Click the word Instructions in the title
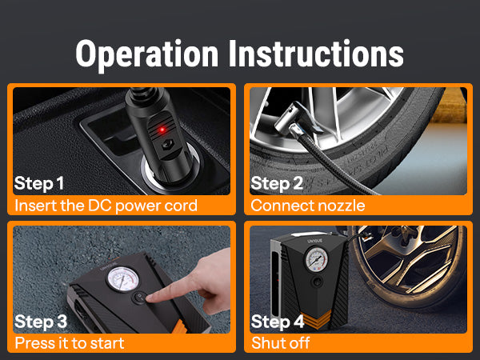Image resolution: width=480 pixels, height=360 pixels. [317, 54]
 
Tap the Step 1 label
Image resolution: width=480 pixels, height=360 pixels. [39, 183]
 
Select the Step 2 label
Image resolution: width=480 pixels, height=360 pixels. [277, 183]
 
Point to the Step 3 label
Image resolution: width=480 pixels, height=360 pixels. [41, 322]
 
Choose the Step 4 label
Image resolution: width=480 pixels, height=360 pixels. [278, 322]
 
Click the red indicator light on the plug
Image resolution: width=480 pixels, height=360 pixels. [162, 130]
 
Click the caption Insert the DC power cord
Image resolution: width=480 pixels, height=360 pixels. [106, 206]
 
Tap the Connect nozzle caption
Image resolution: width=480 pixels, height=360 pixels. [308, 206]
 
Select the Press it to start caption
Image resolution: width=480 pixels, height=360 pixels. [70, 343]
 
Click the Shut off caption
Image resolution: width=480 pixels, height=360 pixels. [281, 343]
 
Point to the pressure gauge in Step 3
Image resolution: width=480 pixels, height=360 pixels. [122, 279]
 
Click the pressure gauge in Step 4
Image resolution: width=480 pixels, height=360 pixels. [317, 259]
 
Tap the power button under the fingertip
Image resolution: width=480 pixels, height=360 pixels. [139, 298]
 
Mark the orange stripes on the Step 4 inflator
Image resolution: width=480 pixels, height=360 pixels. [318, 318]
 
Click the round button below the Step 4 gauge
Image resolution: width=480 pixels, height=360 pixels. [318, 282]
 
